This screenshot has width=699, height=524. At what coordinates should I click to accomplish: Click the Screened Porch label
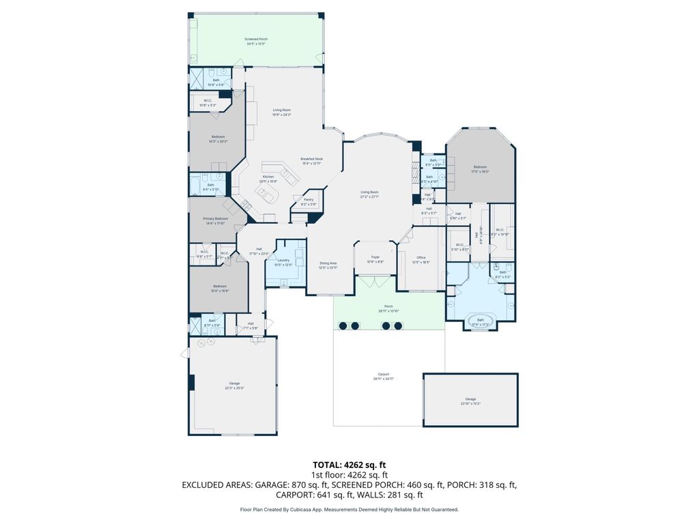click(256, 40)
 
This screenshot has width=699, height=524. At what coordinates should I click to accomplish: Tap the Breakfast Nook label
click(311, 159)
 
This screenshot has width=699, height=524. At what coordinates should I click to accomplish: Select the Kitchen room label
click(268, 177)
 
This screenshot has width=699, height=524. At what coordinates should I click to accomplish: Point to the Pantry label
click(309, 200)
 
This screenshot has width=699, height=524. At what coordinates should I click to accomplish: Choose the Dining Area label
click(328, 263)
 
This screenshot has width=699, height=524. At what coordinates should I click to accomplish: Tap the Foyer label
click(375, 258)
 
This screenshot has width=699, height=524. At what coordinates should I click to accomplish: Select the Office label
click(421, 257)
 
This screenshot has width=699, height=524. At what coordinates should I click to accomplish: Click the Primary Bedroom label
click(214, 218)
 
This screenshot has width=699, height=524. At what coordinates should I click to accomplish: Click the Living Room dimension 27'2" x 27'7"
click(370, 196)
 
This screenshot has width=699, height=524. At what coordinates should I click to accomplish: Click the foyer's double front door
click(375, 280)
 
